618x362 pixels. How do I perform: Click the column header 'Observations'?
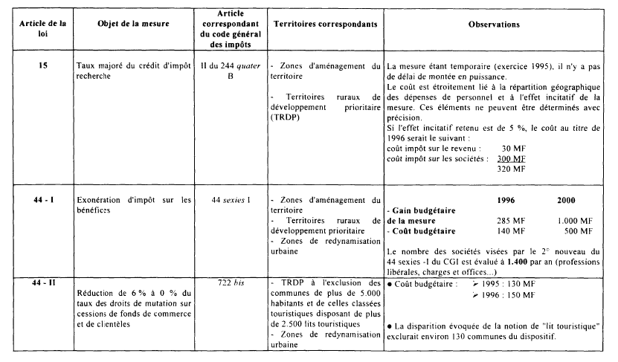pos(494,25)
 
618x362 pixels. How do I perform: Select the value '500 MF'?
pos(578,230)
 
